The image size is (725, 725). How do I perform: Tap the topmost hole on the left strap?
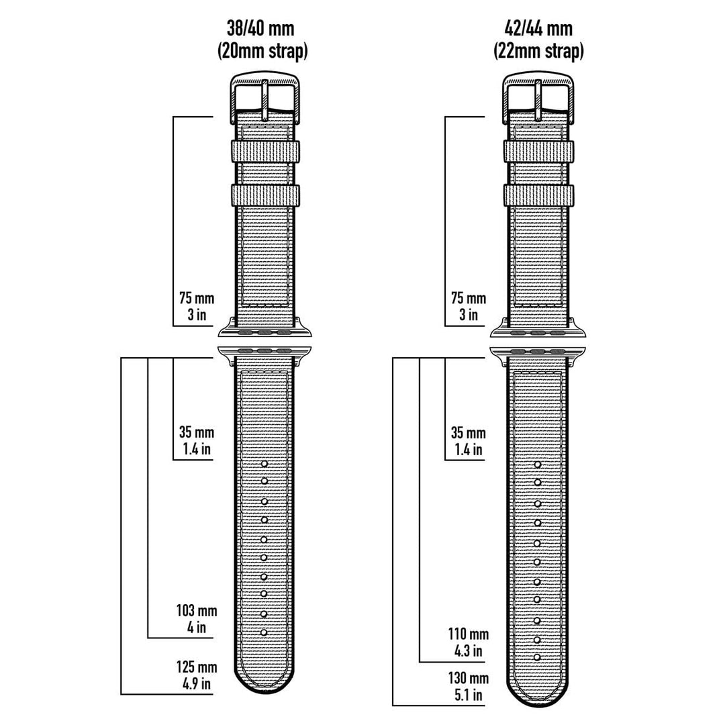pyautogui.click(x=264, y=464)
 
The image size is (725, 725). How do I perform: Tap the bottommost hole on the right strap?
pyautogui.click(x=537, y=657)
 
